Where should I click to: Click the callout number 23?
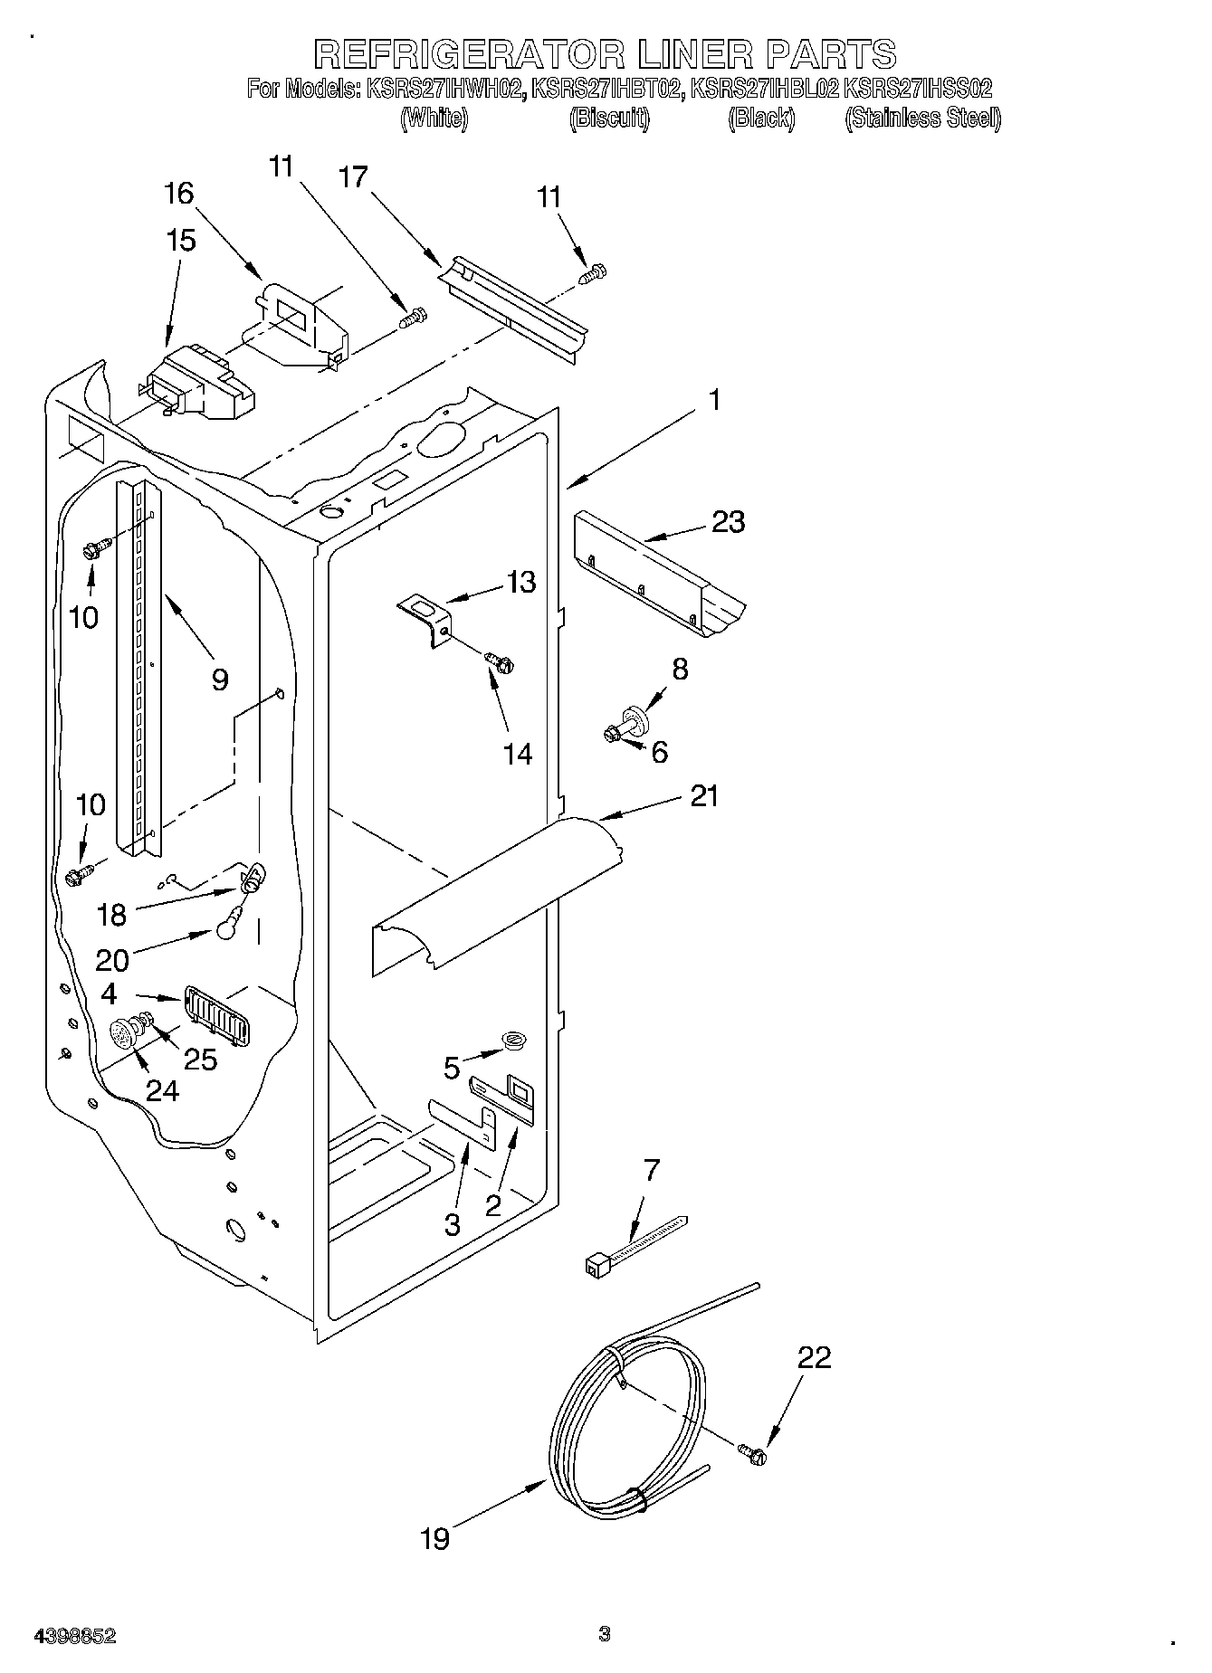[728, 522]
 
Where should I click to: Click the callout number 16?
[178, 193]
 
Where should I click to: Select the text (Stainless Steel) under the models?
[922, 118]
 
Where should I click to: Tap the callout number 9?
[219, 680]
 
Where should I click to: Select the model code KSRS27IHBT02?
[606, 89]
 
